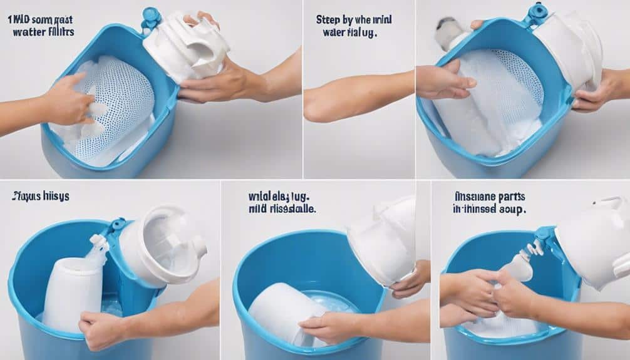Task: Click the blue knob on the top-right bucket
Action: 537,12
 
